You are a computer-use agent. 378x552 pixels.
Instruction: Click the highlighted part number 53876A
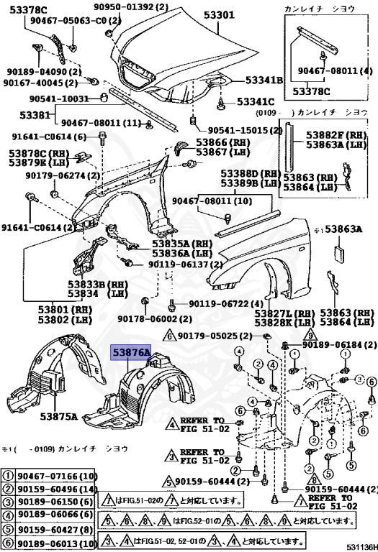(130, 353)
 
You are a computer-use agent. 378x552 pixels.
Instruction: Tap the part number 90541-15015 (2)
(245, 131)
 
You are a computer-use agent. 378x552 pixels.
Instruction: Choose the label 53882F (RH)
(336, 135)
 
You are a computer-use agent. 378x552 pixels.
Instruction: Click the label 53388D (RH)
(250, 174)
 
